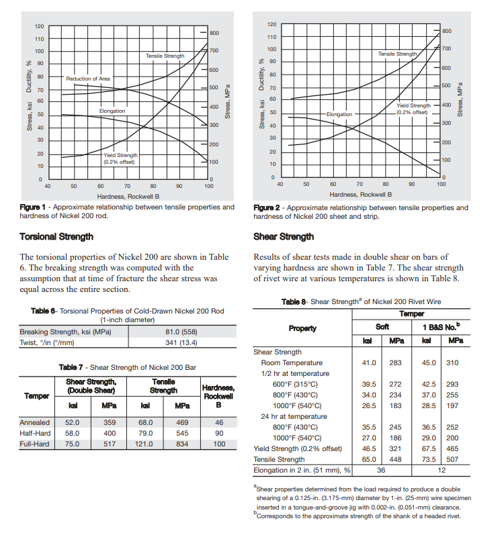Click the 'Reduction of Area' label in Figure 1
(88, 79)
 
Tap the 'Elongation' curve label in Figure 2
(339, 114)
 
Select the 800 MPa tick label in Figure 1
(214, 33)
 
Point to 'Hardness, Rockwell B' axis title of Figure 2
(360, 195)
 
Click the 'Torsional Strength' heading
(56, 236)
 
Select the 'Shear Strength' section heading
(284, 236)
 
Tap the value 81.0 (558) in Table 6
(181, 332)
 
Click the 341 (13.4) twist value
(181, 342)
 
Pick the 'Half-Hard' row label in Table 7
(35, 433)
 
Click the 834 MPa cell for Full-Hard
(182, 444)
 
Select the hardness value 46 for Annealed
(219, 422)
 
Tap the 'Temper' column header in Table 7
(37, 396)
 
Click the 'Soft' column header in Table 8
(382, 327)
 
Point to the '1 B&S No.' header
(442, 327)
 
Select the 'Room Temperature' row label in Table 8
(292, 362)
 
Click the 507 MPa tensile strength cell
(452, 459)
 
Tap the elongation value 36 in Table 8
(381, 470)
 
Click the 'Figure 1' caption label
(32, 207)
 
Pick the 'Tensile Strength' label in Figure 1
(165, 56)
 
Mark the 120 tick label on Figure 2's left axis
(272, 24)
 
